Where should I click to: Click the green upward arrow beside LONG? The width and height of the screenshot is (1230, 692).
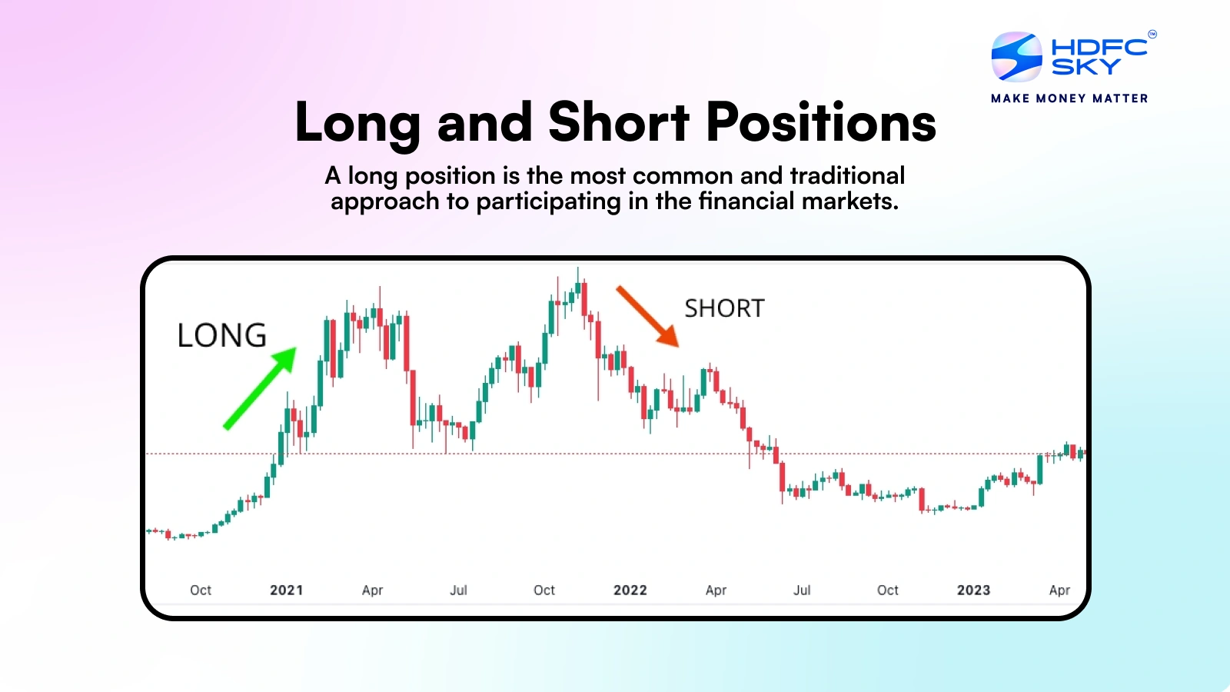261,388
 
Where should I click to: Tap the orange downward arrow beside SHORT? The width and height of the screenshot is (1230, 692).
648,316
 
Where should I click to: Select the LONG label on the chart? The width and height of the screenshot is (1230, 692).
222,335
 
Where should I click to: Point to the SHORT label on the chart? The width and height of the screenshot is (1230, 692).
724,308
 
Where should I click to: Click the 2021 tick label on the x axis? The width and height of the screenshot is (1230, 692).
287,590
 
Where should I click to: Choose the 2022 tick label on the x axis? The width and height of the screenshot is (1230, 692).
630,590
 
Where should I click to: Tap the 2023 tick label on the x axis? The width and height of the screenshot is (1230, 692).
973,590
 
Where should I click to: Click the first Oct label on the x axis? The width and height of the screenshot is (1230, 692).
201,590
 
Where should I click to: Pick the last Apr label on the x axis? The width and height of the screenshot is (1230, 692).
1059,591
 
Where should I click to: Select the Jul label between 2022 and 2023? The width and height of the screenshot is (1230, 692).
802,590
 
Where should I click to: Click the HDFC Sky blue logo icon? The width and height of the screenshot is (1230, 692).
1016,57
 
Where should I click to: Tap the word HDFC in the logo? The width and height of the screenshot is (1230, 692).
1099,47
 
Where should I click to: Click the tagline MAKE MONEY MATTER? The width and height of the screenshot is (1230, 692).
1069,98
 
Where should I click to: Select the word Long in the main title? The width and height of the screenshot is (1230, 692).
357,124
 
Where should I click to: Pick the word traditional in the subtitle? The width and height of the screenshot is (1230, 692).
847,176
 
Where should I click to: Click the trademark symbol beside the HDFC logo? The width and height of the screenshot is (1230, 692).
1152,34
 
